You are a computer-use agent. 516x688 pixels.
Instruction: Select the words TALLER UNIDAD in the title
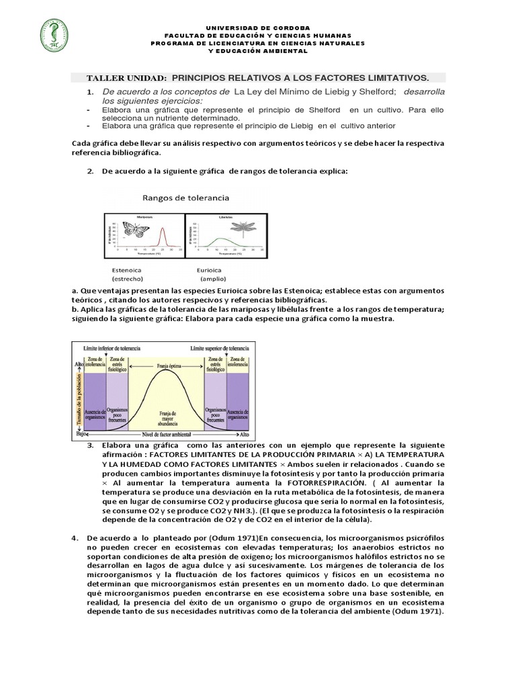(x=127, y=78)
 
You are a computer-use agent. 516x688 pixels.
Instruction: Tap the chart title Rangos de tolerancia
(x=185, y=198)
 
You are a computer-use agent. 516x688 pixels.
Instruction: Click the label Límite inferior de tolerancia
(x=111, y=349)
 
